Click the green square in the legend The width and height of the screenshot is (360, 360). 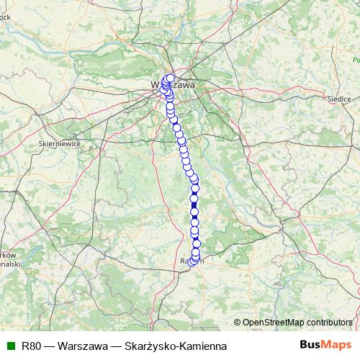click(10, 346)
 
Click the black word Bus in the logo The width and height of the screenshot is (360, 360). click(312, 346)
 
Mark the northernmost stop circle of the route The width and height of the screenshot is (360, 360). click(171, 78)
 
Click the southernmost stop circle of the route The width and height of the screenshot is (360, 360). click(192, 262)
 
